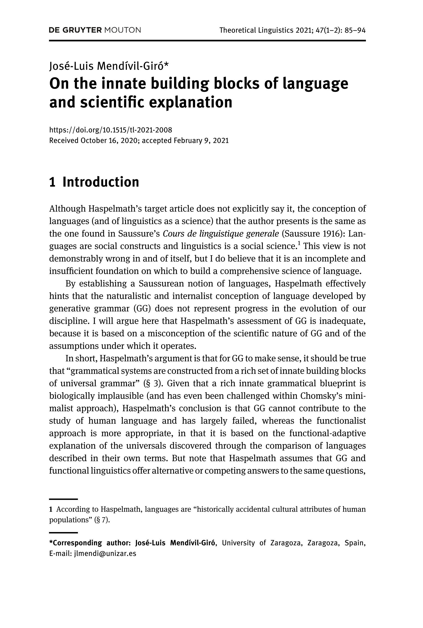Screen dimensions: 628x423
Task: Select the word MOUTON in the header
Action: (x=123, y=30)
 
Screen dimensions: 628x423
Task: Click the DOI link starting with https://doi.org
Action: (x=111, y=130)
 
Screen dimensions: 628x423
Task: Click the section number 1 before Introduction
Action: (x=52, y=182)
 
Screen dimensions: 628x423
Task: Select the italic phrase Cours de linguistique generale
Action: (x=221, y=234)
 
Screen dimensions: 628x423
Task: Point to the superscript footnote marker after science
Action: (x=299, y=244)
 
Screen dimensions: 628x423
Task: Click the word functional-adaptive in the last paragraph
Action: (x=327, y=433)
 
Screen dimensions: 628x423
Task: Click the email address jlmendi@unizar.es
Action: (x=105, y=554)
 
